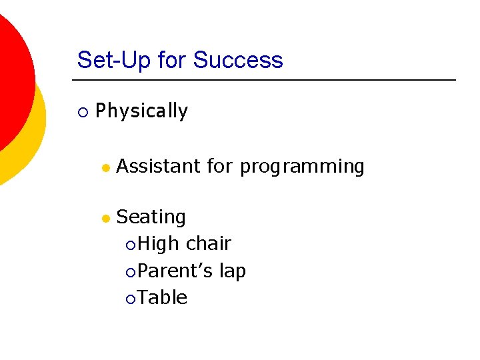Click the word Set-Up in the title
tap(115, 60)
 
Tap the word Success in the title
tap(238, 60)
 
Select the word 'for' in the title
tap(173, 60)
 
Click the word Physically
tap(141, 111)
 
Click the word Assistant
tap(158, 166)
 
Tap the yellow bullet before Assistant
tap(105, 167)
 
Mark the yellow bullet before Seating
tap(105, 219)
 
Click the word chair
tap(209, 244)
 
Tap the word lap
tap(233, 271)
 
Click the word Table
tap(163, 297)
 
